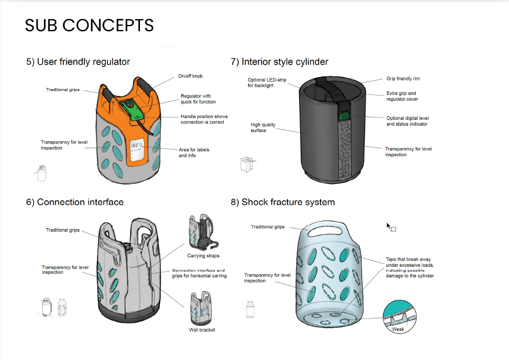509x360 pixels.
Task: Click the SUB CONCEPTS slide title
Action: [x=90, y=25]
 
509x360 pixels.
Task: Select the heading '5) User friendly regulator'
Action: [x=78, y=61]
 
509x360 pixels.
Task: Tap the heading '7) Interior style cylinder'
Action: [x=279, y=61]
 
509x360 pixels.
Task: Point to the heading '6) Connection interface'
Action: [x=75, y=202]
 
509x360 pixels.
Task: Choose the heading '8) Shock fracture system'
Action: [x=283, y=202]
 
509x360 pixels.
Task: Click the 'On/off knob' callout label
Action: [x=190, y=76]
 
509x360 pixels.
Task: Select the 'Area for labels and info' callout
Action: [x=194, y=152]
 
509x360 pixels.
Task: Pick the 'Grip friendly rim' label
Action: [x=403, y=79]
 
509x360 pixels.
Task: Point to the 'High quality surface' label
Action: [x=263, y=127]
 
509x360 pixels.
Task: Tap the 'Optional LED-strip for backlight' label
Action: [x=267, y=83]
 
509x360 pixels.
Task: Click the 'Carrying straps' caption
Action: [x=203, y=255]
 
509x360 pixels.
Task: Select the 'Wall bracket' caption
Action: [x=202, y=330]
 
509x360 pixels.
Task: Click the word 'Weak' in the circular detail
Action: [x=398, y=329]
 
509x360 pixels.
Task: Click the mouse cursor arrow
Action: [x=389, y=226]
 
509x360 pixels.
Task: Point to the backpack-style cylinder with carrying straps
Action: [x=200, y=232]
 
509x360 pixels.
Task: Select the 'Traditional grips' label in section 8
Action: [x=268, y=227]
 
